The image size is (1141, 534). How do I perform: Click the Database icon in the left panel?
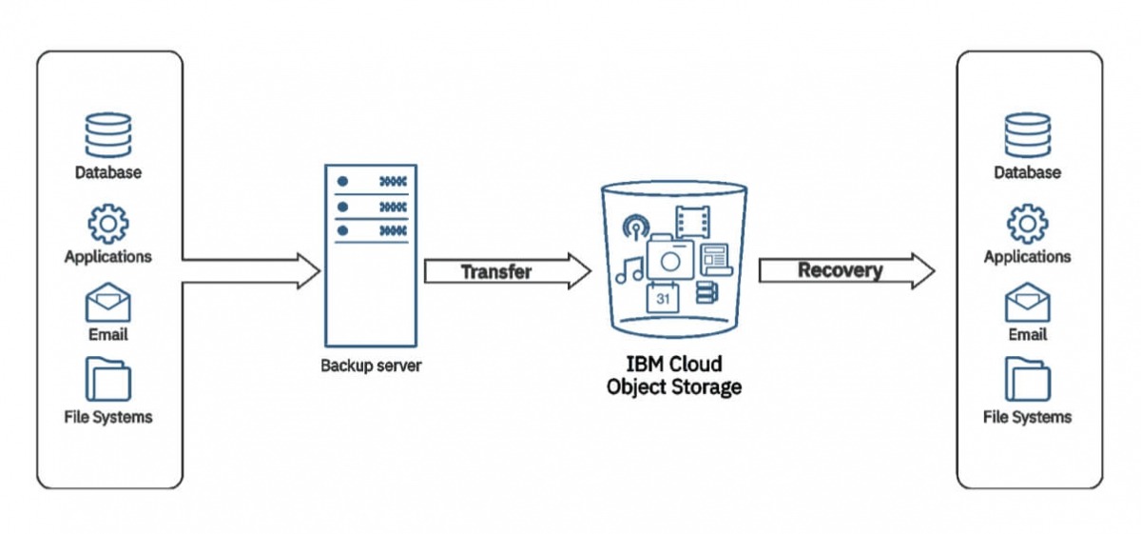point(107,135)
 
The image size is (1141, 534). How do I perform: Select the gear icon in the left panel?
point(107,223)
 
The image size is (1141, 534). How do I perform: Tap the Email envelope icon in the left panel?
point(107,304)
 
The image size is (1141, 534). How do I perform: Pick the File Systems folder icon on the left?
point(107,379)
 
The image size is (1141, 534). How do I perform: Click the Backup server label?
point(370,366)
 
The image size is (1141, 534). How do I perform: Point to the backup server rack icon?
point(370,254)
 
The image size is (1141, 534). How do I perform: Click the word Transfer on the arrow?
point(495,272)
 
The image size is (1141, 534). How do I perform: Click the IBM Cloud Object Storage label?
point(673,376)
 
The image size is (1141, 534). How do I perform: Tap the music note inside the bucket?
point(629,269)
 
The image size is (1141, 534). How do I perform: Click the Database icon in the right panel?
point(1027,135)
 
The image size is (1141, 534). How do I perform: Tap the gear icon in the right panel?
point(1027,223)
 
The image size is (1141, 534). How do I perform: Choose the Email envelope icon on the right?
point(1027,304)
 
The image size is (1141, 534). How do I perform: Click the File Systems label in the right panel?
point(1027,417)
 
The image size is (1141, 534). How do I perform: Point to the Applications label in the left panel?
point(107,256)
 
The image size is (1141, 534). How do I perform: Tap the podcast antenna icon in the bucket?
point(634,228)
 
